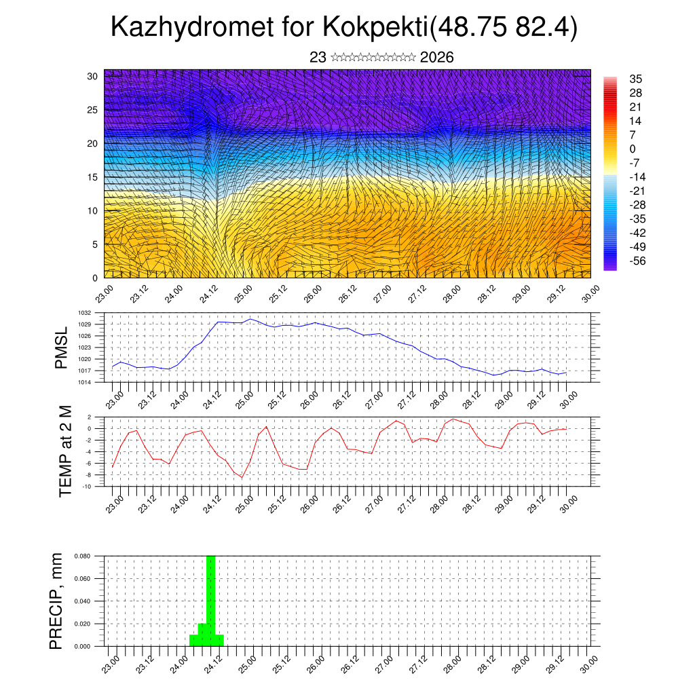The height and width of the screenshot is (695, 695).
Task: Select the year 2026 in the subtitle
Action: [x=437, y=58]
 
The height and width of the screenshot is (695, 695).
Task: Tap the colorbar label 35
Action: [x=636, y=79]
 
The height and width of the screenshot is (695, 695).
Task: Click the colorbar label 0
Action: [x=633, y=149]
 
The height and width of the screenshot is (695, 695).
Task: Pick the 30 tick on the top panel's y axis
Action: [x=93, y=76]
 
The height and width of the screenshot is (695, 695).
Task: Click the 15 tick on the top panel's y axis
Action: [x=93, y=177]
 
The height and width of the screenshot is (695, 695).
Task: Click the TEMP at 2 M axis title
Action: [x=65, y=451]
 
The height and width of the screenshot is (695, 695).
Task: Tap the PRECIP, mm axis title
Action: [x=57, y=601]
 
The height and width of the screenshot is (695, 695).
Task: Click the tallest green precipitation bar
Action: [x=210, y=597]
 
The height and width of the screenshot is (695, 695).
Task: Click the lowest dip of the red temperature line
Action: [x=242, y=478]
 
